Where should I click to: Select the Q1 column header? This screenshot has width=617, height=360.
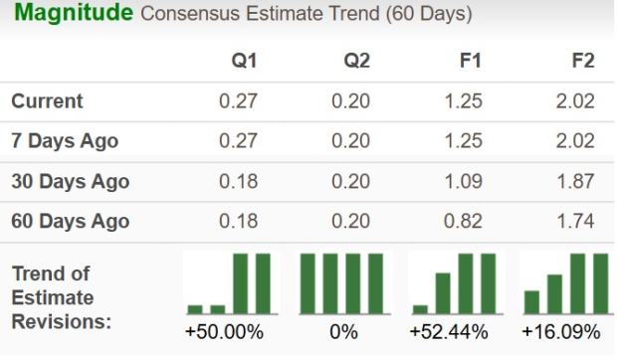coord(245,61)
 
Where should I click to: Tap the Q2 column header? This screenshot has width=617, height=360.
coord(357,61)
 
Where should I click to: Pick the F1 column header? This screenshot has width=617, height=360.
coord(470,61)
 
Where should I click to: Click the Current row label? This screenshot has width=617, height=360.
coord(48,101)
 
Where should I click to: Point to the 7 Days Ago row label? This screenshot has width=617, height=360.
coord(65,141)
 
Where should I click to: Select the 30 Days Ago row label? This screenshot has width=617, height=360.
coord(70,182)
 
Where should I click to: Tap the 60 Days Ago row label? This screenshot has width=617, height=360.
coord(70,221)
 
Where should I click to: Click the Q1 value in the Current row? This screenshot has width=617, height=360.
coord(238,101)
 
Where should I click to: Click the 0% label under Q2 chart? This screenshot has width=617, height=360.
coord(343,332)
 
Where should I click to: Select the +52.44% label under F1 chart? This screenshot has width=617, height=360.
coord(455,332)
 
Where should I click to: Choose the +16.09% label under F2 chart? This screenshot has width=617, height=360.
coord(564,332)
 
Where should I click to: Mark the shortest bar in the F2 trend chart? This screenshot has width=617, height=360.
coord(532,301)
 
